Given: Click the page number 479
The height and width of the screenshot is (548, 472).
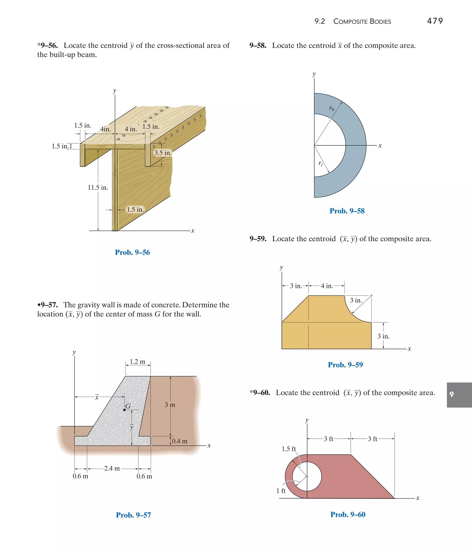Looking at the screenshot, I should (x=435, y=21).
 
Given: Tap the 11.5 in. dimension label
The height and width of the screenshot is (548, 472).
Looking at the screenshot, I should (x=98, y=187).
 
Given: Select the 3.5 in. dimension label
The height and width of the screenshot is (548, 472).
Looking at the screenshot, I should (x=163, y=153).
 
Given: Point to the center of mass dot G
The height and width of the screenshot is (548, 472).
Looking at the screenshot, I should (x=124, y=410).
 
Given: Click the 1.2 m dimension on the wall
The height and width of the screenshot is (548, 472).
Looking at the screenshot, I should (x=138, y=361).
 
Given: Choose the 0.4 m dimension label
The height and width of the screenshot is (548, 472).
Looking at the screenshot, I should (x=180, y=441).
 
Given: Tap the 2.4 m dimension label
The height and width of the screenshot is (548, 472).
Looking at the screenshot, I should (x=112, y=468).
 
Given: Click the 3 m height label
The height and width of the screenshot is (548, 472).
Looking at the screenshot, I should (x=170, y=405).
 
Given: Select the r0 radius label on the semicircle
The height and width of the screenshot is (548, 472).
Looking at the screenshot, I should (x=332, y=108).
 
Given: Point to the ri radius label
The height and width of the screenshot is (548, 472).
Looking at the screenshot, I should (x=321, y=163).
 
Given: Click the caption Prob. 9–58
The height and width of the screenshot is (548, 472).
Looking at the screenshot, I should (x=347, y=211).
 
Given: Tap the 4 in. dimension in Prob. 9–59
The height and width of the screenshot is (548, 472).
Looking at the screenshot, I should (x=327, y=286).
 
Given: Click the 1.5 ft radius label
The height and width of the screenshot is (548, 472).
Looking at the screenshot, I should (x=289, y=449).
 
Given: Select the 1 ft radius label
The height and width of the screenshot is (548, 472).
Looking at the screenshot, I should (x=281, y=491).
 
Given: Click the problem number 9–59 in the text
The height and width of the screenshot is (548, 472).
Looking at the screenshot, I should (x=258, y=239).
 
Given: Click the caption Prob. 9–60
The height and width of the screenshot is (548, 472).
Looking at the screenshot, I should (x=348, y=514).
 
